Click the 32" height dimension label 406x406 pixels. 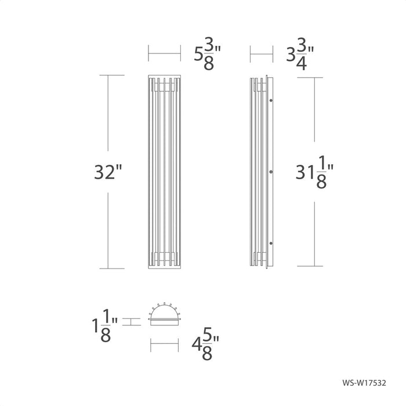point(109,172)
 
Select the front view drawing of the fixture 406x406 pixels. point(164,172)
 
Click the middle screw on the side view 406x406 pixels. point(271,172)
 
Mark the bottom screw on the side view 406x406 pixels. point(271,242)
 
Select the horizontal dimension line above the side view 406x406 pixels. point(261,55)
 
